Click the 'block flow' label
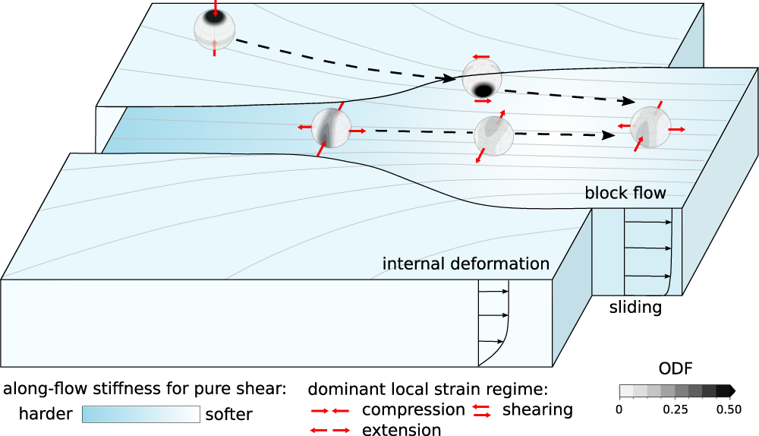pos(625,193)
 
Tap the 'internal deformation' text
pos(465,264)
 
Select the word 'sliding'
pos(636,308)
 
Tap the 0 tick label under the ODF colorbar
pos(619,409)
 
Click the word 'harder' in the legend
pos(45,415)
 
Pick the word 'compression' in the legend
pos(414,410)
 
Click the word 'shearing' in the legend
pos(537,410)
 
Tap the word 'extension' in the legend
pos(402,430)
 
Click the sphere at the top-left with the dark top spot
pos(215,29)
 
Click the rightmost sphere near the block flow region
pos(650,126)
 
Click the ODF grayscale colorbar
pos(674,391)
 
